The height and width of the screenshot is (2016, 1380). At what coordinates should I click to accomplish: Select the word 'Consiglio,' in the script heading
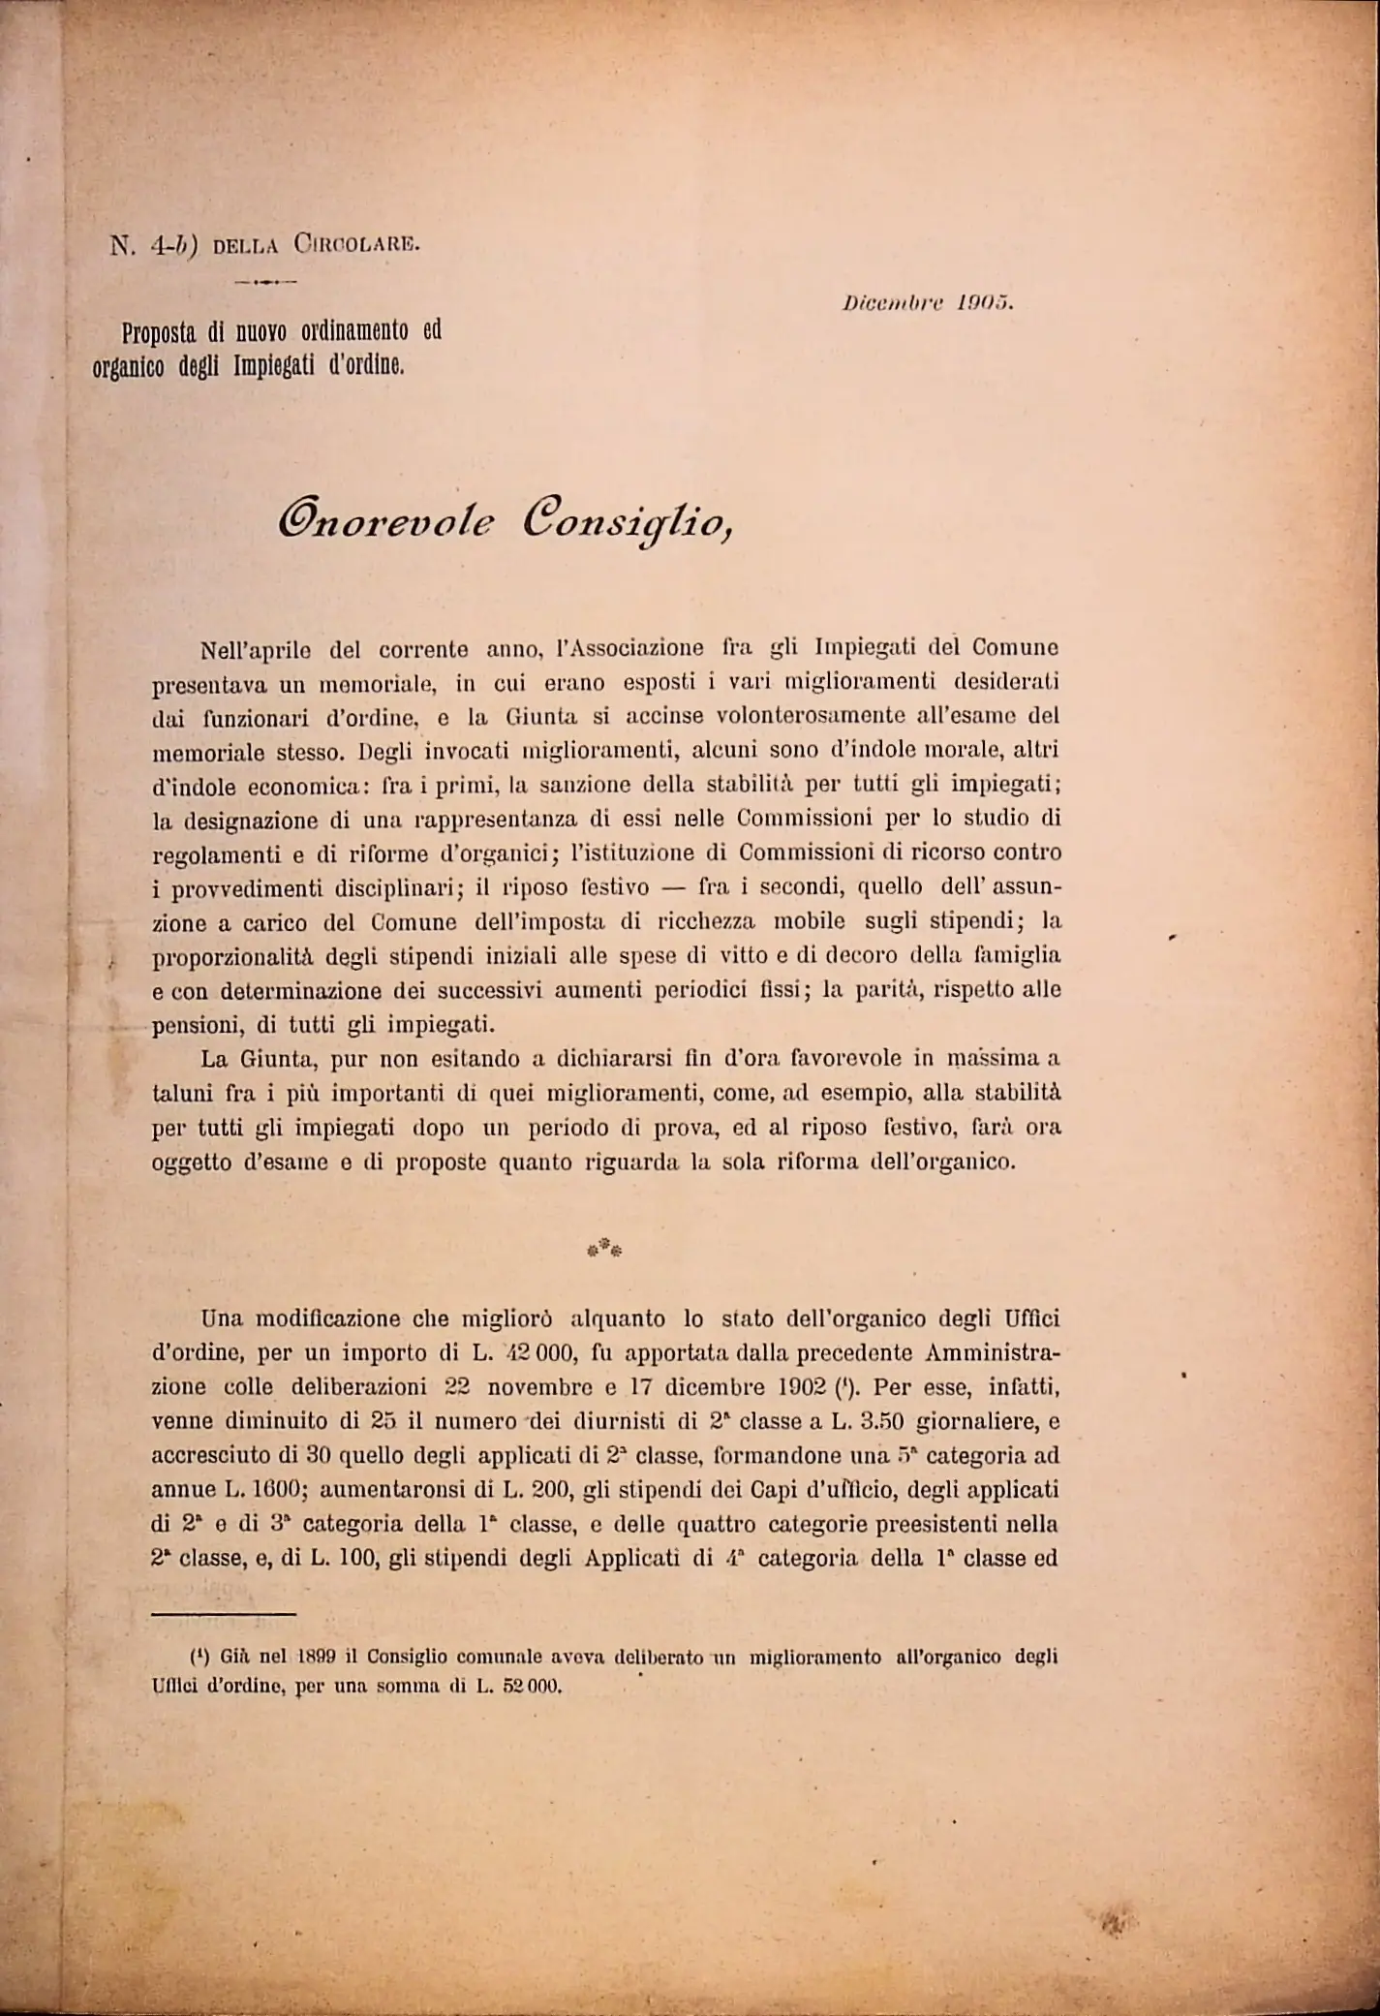(628, 524)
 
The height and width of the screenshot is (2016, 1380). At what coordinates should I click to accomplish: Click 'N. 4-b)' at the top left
(154, 245)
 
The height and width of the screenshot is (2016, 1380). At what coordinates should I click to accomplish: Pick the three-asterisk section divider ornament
(604, 1248)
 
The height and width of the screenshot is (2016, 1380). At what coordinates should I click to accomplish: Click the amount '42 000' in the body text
(538, 1353)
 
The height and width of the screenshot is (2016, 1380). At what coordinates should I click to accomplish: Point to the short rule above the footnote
(223, 1614)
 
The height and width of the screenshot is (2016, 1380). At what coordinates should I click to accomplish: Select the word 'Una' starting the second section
(222, 1319)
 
